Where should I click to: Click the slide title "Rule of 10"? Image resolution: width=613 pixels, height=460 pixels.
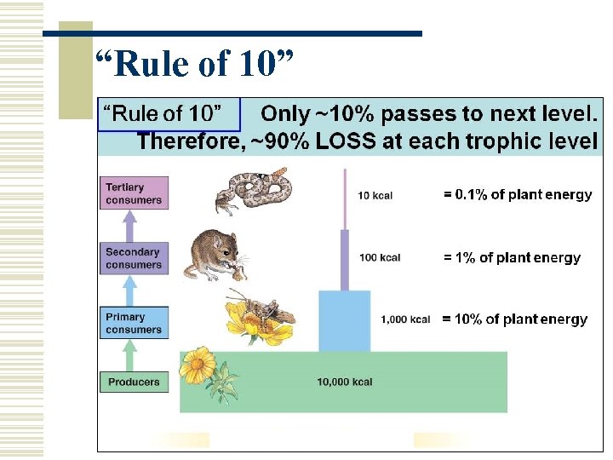pyautogui.click(x=195, y=63)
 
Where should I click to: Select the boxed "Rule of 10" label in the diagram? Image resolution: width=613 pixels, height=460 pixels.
pyautogui.click(x=163, y=112)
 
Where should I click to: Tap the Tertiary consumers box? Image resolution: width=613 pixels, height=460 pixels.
pyautogui.click(x=134, y=193)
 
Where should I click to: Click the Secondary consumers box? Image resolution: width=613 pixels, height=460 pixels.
pyautogui.click(x=134, y=258)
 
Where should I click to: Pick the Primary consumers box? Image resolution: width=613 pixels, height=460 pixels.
pyautogui.click(x=134, y=323)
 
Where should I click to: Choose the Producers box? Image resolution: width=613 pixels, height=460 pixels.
pyautogui.click(x=134, y=382)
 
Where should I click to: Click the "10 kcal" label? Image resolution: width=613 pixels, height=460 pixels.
pyautogui.click(x=375, y=196)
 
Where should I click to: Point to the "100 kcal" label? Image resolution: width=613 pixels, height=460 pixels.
pyautogui.click(x=380, y=257)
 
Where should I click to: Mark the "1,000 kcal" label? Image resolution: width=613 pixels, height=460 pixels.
pyautogui.click(x=405, y=319)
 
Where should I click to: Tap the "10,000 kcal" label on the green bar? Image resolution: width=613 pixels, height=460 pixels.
pyautogui.click(x=344, y=382)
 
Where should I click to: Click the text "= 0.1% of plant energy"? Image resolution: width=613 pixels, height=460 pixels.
pyautogui.click(x=517, y=194)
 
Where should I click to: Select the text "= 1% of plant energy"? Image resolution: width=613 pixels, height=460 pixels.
pyautogui.click(x=512, y=257)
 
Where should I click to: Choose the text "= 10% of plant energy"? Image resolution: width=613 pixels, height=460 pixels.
pyautogui.click(x=514, y=319)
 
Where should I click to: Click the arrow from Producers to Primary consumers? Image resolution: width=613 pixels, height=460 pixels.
pyautogui.click(x=129, y=354)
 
